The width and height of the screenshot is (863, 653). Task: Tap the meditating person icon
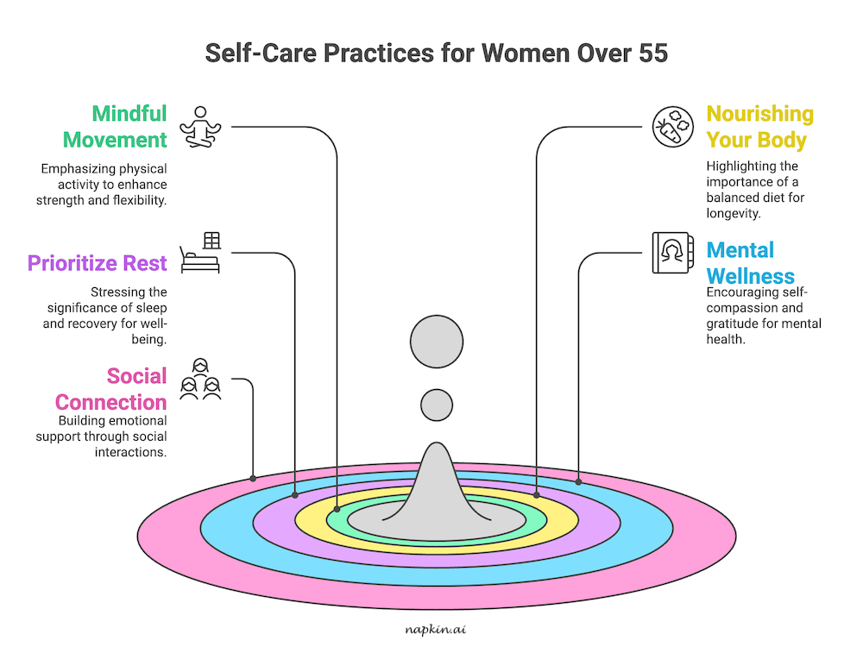(200, 127)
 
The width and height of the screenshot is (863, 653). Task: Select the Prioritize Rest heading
(98, 263)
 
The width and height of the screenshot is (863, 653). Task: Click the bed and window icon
(200, 253)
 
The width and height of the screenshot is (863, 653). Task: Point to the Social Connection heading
(111, 389)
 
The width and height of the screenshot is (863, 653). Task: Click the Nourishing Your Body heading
(759, 127)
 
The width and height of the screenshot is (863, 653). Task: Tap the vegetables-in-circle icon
(672, 127)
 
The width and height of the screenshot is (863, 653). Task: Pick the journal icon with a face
(672, 253)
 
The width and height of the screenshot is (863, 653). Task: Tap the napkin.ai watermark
(436, 629)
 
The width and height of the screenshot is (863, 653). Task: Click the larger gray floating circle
(437, 342)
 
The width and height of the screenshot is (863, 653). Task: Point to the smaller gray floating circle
(437, 405)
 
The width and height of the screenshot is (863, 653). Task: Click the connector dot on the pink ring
(253, 478)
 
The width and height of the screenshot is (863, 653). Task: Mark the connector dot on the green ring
(337, 509)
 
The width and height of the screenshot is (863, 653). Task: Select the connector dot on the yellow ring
(537, 495)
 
